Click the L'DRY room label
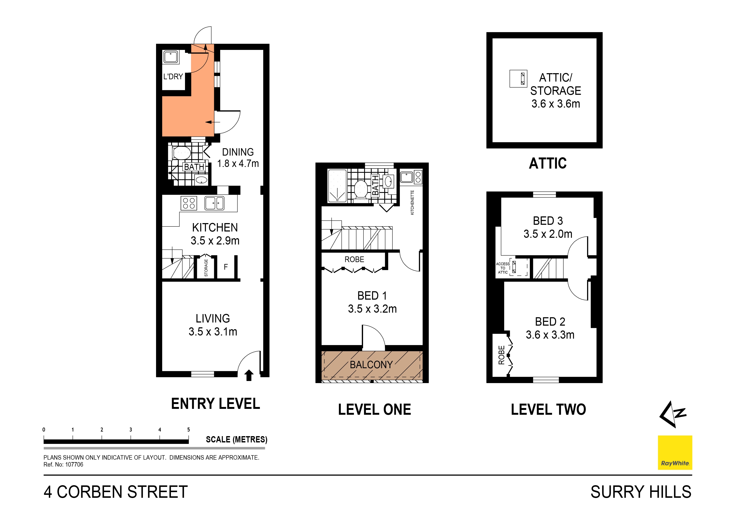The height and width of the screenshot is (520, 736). pyautogui.click(x=173, y=77)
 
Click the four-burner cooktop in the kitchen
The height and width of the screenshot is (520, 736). pyautogui.click(x=189, y=203)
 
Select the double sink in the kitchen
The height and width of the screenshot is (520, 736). pyautogui.click(x=214, y=203)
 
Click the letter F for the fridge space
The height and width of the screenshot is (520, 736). pyautogui.click(x=226, y=267)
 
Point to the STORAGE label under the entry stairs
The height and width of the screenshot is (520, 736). pyautogui.click(x=206, y=268)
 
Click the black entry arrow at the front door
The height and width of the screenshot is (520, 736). pyautogui.click(x=249, y=375)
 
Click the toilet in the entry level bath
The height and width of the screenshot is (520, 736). pyautogui.click(x=181, y=153)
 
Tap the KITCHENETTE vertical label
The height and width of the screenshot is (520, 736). pyautogui.click(x=412, y=203)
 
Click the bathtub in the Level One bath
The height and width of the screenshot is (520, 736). pyautogui.click(x=337, y=186)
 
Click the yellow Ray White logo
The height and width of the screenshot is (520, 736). pyautogui.click(x=675, y=452)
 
